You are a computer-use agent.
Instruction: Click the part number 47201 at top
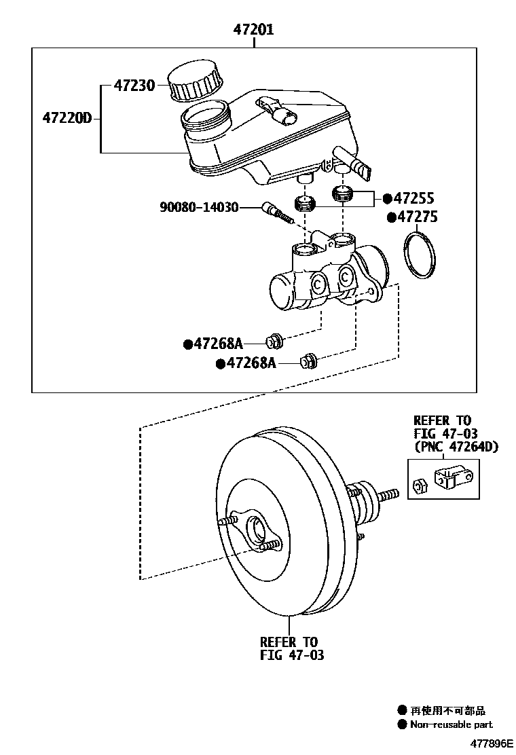tap(254, 31)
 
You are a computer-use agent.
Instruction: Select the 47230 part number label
tap(134, 86)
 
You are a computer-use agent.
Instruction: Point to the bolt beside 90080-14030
tap(277, 212)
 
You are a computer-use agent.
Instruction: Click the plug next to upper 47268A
tap(276, 338)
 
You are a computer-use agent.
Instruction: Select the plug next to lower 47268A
tap(309, 361)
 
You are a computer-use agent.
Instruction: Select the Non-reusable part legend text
tap(451, 725)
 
